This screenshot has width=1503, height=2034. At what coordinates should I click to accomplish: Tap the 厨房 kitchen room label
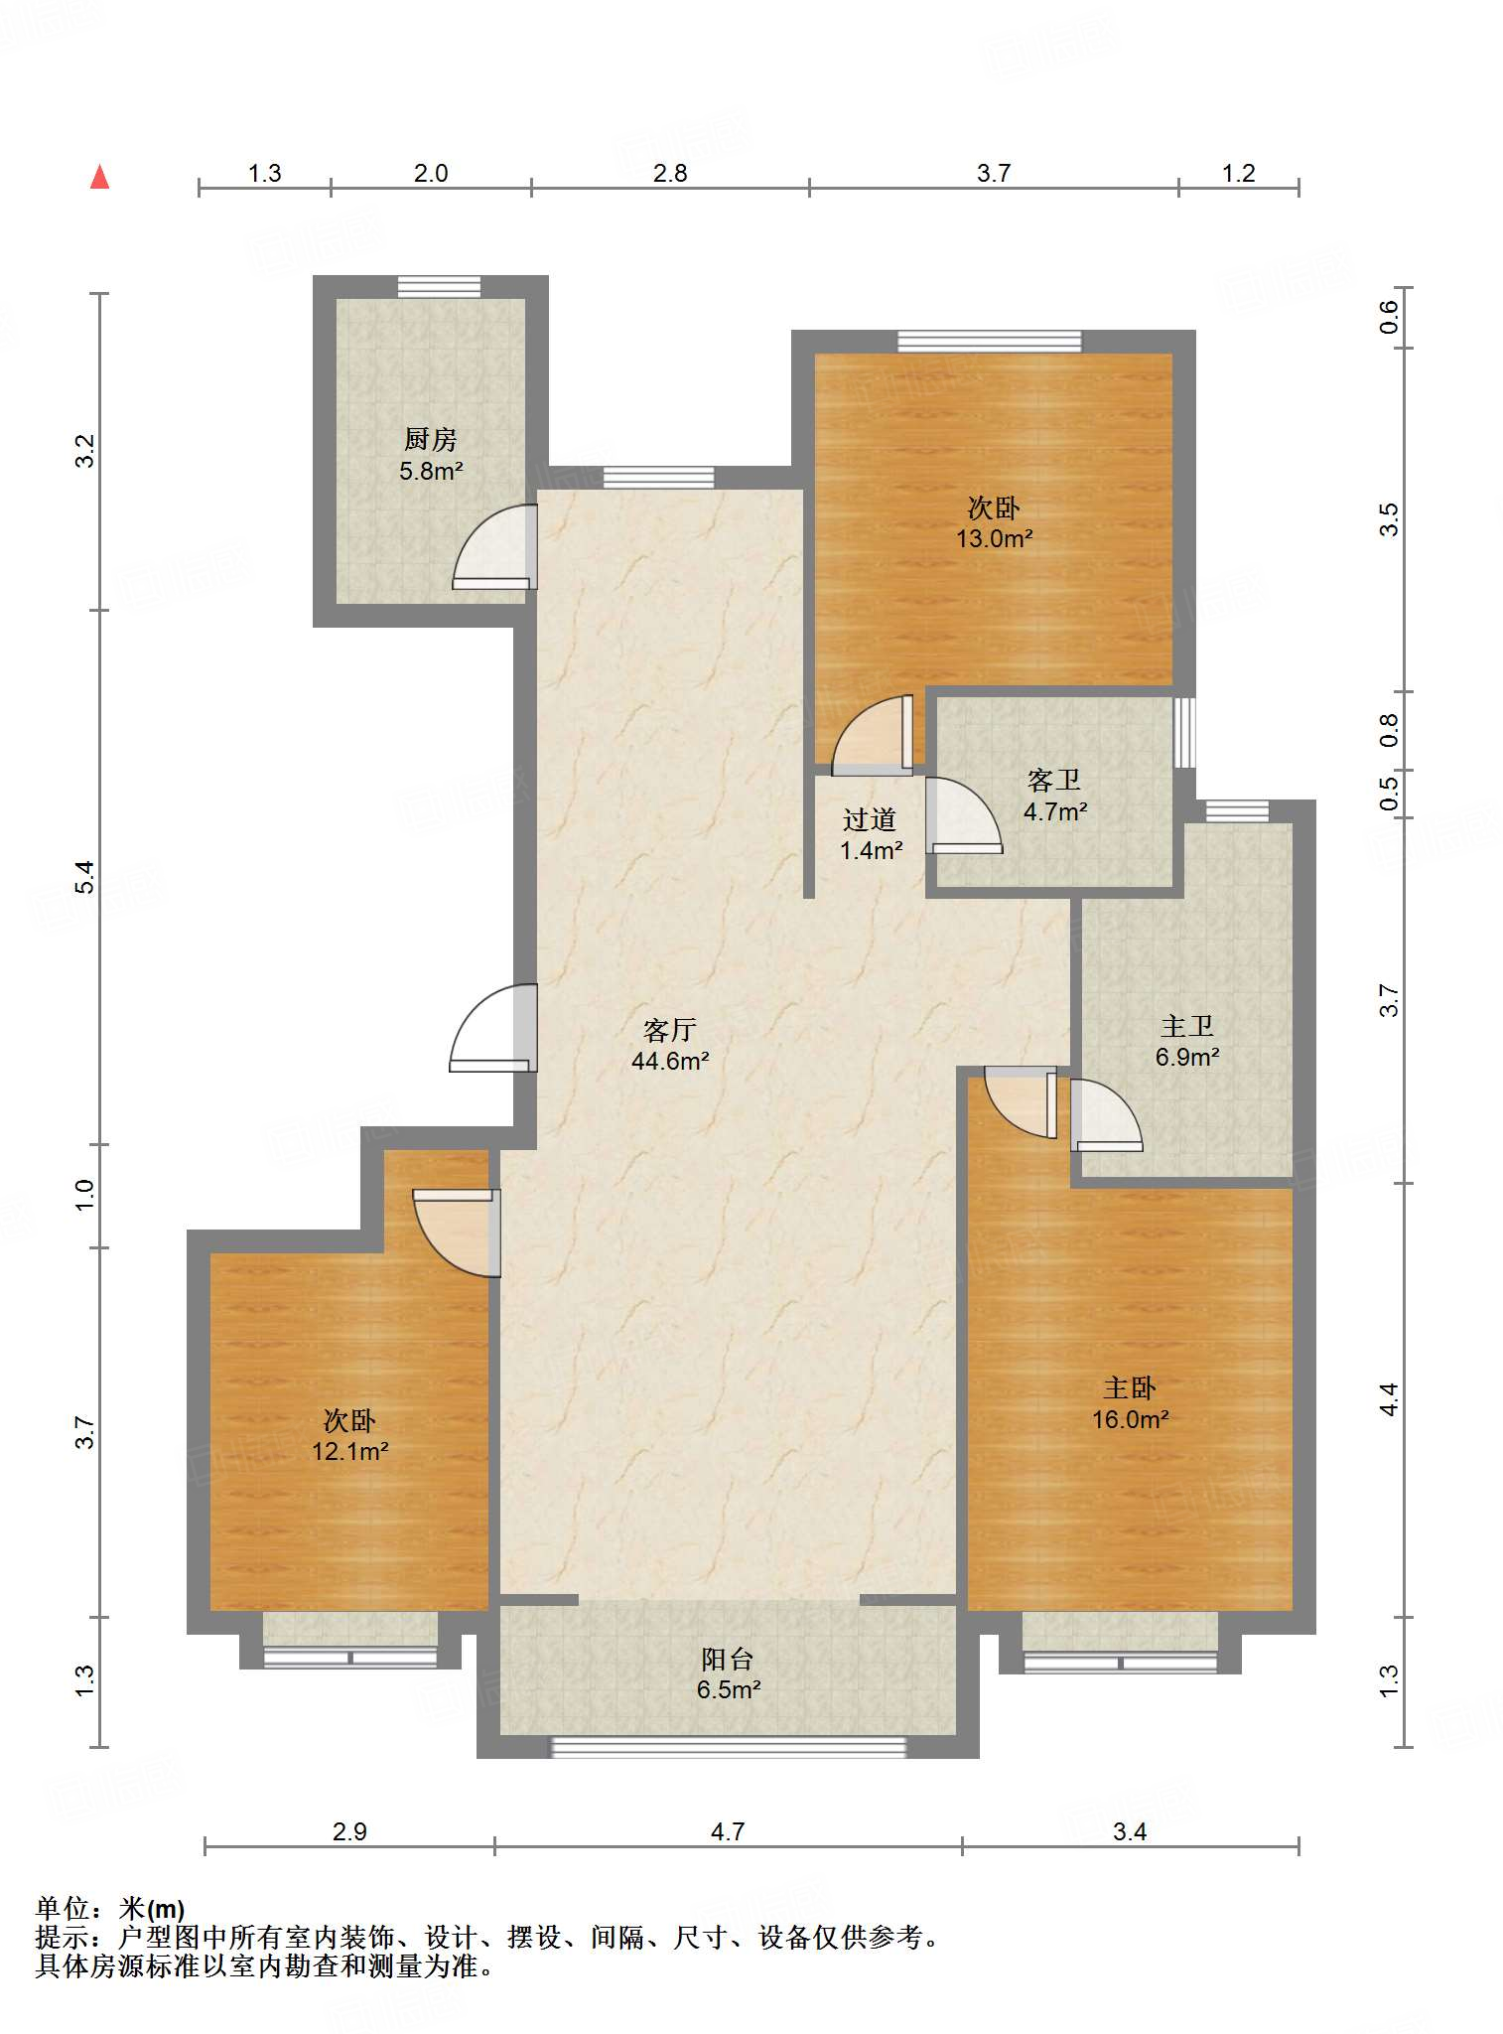431,439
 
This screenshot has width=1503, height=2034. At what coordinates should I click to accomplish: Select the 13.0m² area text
994,539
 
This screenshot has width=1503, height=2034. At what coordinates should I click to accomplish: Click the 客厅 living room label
670,1030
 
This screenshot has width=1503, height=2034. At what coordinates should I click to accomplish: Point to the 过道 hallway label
870,819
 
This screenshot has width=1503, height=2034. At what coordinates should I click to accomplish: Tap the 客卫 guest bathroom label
1054,781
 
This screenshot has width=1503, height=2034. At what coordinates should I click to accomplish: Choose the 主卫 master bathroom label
1187,1026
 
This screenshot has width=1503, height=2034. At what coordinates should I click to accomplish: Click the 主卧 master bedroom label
1130,1388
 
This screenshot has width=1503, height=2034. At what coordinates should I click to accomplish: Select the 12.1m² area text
349,1452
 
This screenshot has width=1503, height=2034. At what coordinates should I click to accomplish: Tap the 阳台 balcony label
728,1659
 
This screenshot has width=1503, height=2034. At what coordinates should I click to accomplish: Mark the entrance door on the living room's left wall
493,1028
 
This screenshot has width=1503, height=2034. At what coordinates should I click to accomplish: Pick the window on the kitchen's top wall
439,286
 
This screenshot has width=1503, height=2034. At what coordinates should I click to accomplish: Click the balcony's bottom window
729,1747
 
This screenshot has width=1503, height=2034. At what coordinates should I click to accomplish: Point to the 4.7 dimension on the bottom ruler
728,1831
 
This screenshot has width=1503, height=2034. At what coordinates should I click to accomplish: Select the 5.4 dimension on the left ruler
85,877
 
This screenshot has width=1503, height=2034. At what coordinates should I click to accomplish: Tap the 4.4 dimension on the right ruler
1389,1399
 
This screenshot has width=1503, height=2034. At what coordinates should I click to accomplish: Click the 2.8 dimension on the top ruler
670,174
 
